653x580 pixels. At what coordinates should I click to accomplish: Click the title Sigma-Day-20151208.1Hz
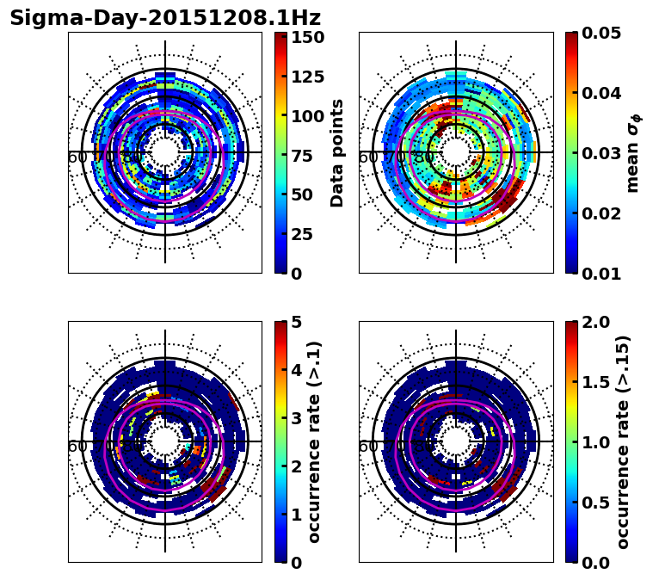[165, 18]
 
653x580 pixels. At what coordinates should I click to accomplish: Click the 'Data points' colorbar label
[337, 153]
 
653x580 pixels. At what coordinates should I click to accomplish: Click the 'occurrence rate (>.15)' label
[624, 442]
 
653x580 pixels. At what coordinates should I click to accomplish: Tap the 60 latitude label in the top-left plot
[77, 157]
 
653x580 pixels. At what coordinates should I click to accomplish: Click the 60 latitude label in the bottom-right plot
[367, 447]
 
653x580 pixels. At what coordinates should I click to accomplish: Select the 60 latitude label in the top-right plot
[367, 157]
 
